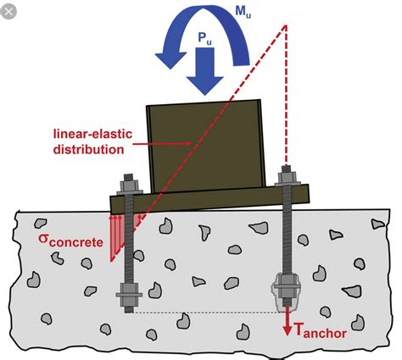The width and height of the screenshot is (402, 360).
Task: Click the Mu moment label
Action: tap(243, 12)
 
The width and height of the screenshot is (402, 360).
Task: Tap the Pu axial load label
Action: tap(204, 39)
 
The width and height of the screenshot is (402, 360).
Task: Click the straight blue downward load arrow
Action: tap(204, 71)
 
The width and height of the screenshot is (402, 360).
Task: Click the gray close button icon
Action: tap(8, 12)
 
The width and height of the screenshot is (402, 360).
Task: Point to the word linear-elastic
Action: tap(92, 134)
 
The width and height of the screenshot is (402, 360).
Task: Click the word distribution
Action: tap(89, 149)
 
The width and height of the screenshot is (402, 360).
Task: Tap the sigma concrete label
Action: tap(70, 241)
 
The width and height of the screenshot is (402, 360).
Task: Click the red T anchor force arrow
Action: tap(288, 321)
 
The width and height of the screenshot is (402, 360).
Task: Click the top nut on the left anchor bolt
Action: tap(129, 186)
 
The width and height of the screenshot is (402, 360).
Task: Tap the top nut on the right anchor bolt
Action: tap(288, 177)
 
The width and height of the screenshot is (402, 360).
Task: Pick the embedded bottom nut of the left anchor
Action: tap(129, 294)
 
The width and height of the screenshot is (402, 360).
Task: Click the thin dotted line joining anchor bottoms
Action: tap(206, 313)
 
